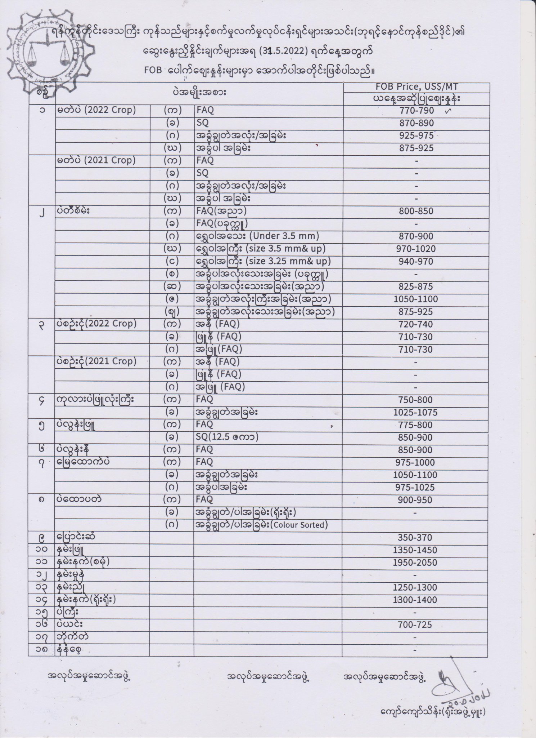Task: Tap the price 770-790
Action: [416, 111]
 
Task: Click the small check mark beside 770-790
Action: [447, 112]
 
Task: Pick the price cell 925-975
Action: [416, 136]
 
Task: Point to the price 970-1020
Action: [416, 249]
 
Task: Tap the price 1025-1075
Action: [416, 412]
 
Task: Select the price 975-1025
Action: [416, 487]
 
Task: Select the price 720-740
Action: [416, 324]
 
